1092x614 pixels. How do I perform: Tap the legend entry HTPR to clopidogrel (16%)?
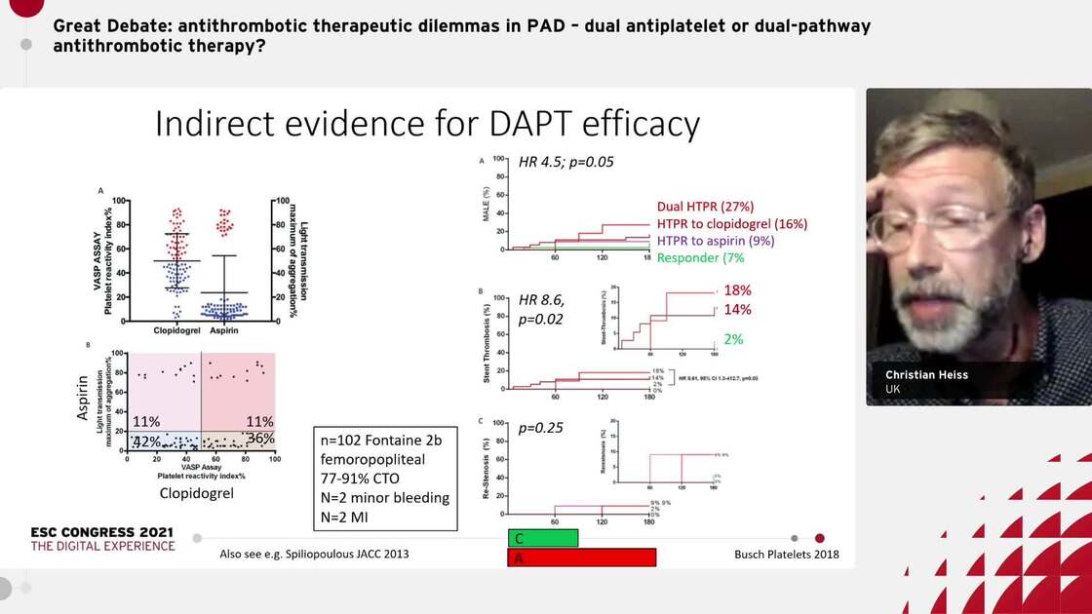click(x=732, y=224)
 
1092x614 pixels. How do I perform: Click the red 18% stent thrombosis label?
click(x=738, y=290)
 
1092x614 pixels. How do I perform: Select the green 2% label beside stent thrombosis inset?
click(x=733, y=339)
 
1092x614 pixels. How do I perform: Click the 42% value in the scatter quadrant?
click(x=147, y=441)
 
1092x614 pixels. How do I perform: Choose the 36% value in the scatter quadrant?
click(x=260, y=439)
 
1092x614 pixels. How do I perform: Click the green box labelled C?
click(x=542, y=538)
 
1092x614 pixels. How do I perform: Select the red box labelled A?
click(x=581, y=557)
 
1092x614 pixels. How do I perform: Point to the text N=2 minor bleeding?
click(x=385, y=497)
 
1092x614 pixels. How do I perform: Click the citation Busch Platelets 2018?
click(x=786, y=555)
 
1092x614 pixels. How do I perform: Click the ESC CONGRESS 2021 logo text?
click(x=102, y=532)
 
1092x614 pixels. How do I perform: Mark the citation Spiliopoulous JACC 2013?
click(x=315, y=555)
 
